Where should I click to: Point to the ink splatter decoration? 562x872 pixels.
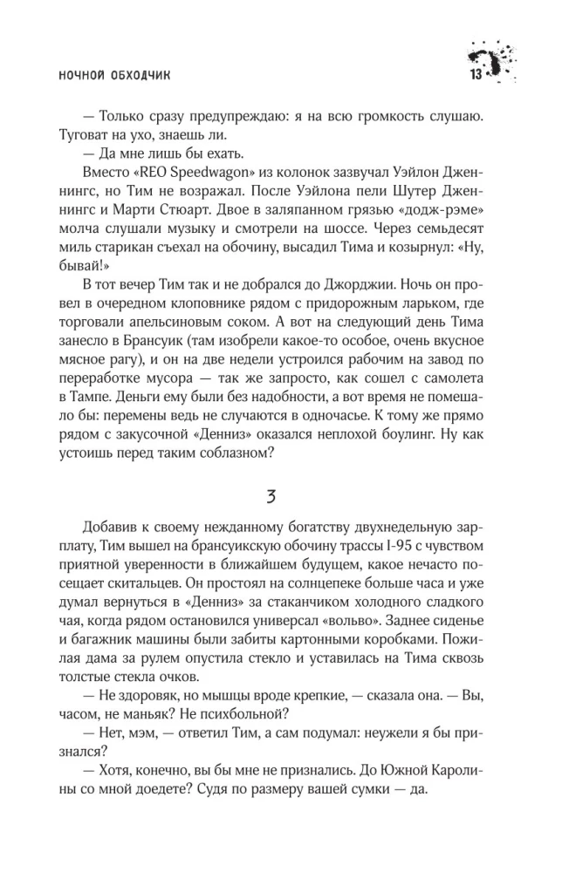(493, 60)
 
